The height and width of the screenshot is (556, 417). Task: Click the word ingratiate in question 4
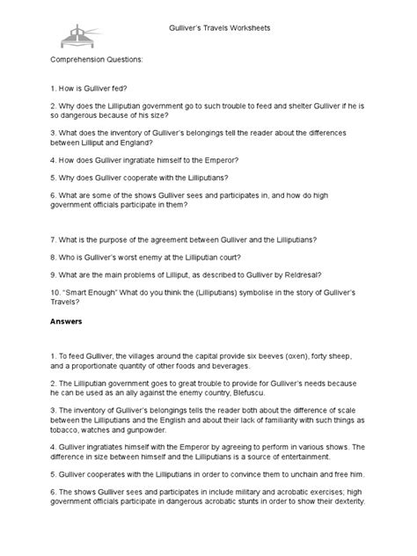click(x=143, y=162)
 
